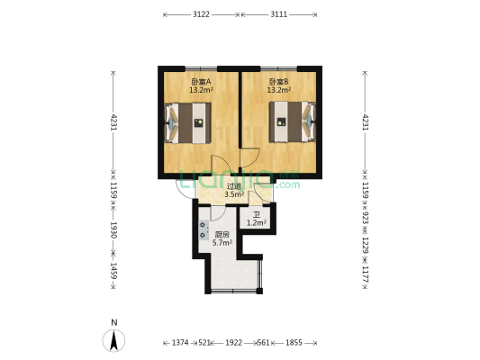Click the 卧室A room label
pyautogui.click(x=199, y=81)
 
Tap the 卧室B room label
pyautogui.click(x=278, y=81)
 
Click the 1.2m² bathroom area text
pyautogui.click(x=257, y=222)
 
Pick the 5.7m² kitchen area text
pyautogui.click(x=222, y=242)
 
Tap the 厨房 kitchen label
pyautogui.click(x=222, y=234)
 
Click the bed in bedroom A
pyautogui.click(x=189, y=123)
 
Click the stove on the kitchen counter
pyautogui.click(x=203, y=229)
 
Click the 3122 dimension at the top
pyautogui.click(x=202, y=14)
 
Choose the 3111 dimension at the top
pyautogui.click(x=280, y=14)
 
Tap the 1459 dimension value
pyautogui.click(x=114, y=271)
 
